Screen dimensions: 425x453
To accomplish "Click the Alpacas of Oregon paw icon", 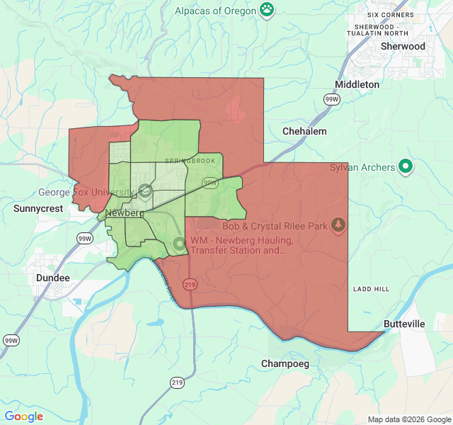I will pyautogui.click(x=267, y=9).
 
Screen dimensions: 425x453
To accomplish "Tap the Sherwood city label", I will pyautogui.click(x=403, y=46).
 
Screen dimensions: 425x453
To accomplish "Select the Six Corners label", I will pyautogui.click(x=391, y=15).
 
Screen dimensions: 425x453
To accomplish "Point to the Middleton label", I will pyautogui.click(x=357, y=84).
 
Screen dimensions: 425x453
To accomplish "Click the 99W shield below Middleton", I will pyautogui.click(x=332, y=100).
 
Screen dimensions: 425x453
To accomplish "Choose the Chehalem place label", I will pyautogui.click(x=304, y=131).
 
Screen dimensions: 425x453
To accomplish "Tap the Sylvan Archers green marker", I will pyautogui.click(x=406, y=166).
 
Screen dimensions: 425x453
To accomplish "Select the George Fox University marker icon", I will pyautogui.click(x=145, y=191).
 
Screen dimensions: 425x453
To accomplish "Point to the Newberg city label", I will pyautogui.click(x=125, y=213).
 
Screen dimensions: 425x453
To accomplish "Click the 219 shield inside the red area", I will pyautogui.click(x=190, y=284).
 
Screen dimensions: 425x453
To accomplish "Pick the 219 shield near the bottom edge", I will pyautogui.click(x=176, y=382).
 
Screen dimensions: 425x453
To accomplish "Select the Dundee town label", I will pyautogui.click(x=53, y=278).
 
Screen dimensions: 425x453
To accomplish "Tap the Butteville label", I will pyautogui.click(x=404, y=324).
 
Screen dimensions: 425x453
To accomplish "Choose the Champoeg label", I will pyautogui.click(x=285, y=363).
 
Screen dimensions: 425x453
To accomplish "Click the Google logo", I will pyautogui.click(x=24, y=416).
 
